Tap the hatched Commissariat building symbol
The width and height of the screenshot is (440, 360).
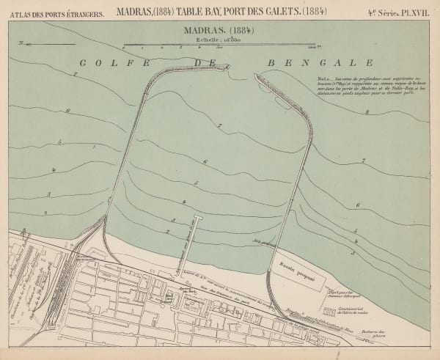pyautogui.click(x=330, y=313)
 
